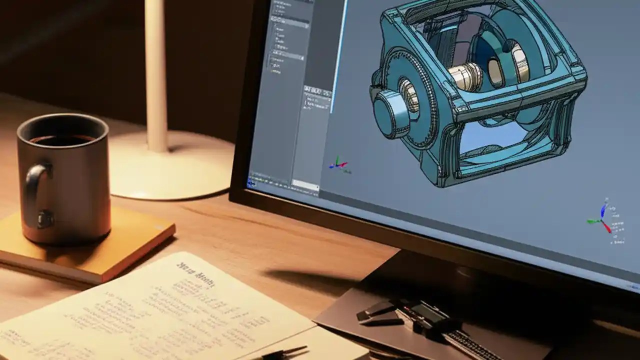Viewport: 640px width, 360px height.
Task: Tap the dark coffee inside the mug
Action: tap(62, 140)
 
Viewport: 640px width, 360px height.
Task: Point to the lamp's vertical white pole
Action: tap(156, 75)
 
